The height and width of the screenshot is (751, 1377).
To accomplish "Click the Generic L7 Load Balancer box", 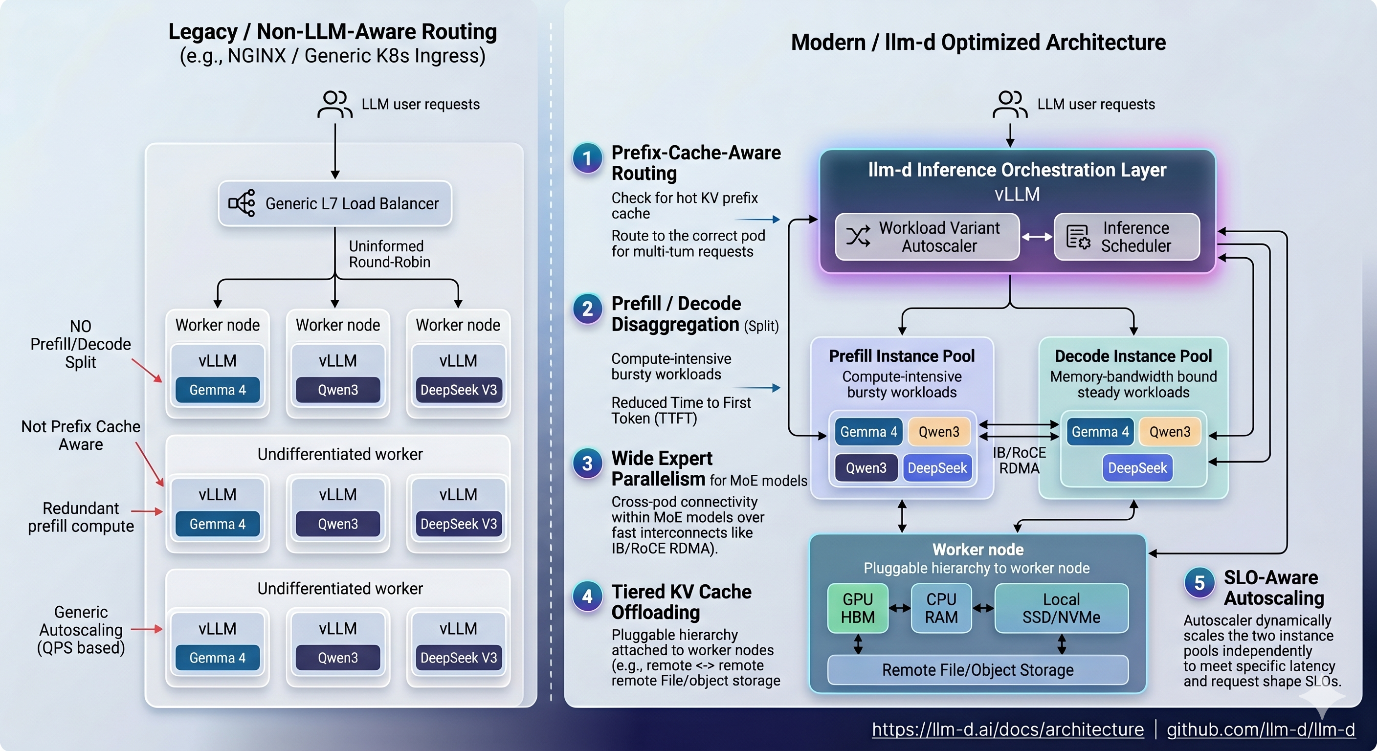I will pos(335,204).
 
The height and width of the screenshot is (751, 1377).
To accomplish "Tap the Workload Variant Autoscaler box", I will pos(928,237).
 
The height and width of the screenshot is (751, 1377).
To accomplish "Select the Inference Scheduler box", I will pos(1127,237).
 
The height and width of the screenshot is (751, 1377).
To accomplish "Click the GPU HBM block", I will pos(857,608).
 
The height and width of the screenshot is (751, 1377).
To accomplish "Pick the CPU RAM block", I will pos(941,608).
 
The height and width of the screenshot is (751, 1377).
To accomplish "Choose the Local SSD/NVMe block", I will pos(1061,608).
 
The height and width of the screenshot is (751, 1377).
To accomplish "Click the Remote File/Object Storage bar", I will pos(977,670).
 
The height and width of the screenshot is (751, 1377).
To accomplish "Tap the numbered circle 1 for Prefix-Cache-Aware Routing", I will pos(587,158).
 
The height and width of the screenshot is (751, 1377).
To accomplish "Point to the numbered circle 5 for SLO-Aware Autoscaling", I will pos(1199,583).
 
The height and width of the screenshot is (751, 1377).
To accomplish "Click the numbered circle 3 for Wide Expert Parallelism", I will pos(587,464).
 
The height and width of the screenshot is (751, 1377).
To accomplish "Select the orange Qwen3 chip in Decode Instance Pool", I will pos(1170,432).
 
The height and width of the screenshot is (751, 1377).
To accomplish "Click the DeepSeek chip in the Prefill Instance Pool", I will pos(937,468).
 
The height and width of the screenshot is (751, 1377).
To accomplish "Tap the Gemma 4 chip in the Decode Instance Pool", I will pos(1100,432).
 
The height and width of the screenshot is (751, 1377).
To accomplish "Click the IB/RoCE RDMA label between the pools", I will pos(1019,460).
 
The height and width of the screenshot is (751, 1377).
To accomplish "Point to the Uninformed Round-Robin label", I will pos(389,254).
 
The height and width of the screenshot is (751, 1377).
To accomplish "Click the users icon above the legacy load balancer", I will pos(334,104).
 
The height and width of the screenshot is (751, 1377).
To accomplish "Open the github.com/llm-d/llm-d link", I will pos(1261,729).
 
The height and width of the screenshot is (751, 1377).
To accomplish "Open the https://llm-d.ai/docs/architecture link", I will pos(1008,729).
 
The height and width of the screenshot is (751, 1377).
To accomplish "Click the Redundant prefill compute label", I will pos(81,517).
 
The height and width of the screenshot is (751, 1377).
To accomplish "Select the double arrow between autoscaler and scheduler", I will pos(1037,237).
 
